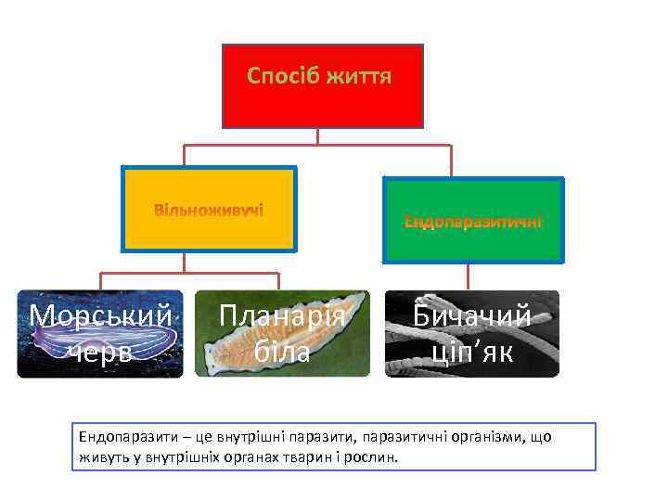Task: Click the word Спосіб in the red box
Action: (282, 76)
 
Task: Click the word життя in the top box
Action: (358, 76)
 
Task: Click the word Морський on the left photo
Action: (100, 316)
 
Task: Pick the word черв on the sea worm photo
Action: (100, 352)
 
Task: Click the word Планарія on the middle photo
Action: (282, 316)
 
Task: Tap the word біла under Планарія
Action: (282, 352)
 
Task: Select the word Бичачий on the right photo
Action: (472, 316)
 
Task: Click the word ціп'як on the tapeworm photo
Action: (472, 352)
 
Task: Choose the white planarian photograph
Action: (282, 334)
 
